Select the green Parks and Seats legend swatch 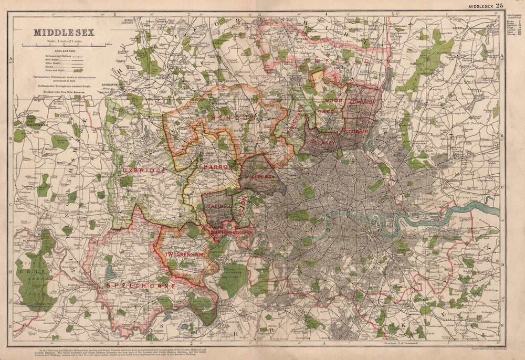point(78,70)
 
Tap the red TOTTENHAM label point(357,130)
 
